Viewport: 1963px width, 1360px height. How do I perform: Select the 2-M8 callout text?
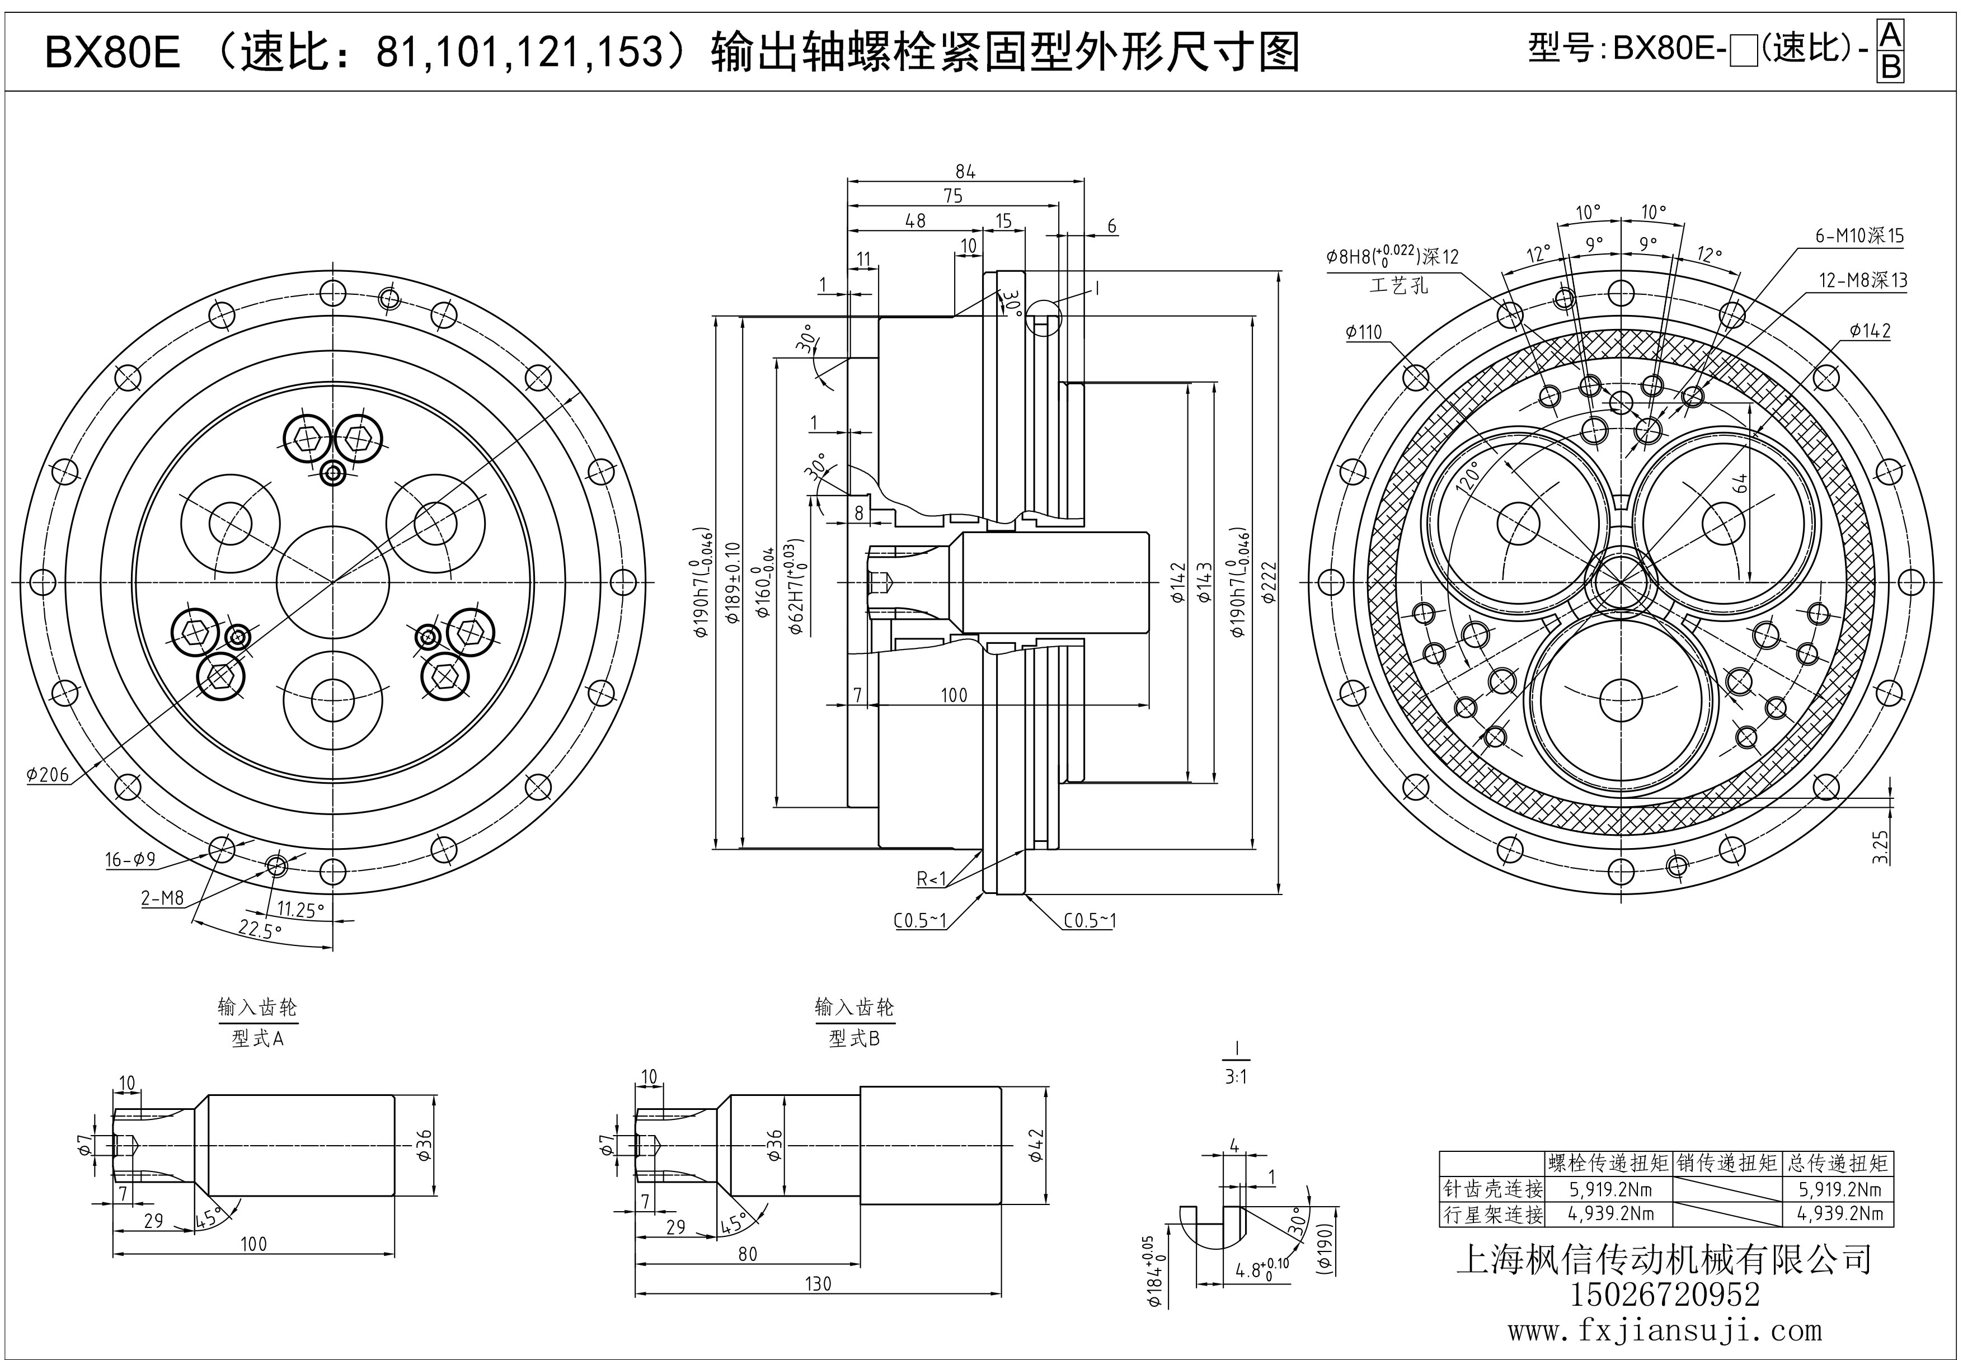pyautogui.click(x=162, y=897)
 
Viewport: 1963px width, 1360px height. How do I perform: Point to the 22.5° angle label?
pyautogui.click(x=260, y=930)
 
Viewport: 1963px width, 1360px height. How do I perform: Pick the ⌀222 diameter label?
pyautogui.click(x=1269, y=582)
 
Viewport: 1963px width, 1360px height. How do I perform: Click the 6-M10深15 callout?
pyautogui.click(x=1858, y=236)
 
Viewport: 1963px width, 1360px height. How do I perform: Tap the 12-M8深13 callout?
pyautogui.click(x=1862, y=280)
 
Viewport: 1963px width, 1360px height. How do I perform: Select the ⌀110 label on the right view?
pyautogui.click(x=1364, y=332)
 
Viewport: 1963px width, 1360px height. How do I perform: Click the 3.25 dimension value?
pyautogui.click(x=1880, y=846)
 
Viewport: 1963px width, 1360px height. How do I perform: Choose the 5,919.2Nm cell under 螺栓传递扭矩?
pyautogui.click(x=1610, y=1189)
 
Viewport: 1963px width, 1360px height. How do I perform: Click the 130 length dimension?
pyautogui.click(x=818, y=1283)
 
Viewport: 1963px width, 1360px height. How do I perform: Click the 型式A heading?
pyautogui.click(x=257, y=1039)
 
